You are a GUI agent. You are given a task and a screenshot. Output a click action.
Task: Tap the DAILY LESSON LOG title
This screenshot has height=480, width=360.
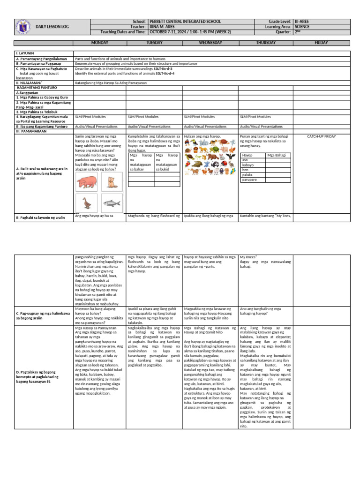(52, 27)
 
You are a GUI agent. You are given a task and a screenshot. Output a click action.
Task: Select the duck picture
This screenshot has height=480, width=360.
(86, 203)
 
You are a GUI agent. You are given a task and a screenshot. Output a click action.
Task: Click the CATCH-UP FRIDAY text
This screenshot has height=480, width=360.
(321, 136)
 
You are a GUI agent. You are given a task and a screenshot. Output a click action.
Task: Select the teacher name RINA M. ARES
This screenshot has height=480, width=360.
(162, 27)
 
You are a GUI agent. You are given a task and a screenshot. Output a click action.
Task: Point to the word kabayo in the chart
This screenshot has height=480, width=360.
(248, 165)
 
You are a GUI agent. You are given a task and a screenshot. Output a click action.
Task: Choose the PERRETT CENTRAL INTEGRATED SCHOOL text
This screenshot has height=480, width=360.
(185, 22)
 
